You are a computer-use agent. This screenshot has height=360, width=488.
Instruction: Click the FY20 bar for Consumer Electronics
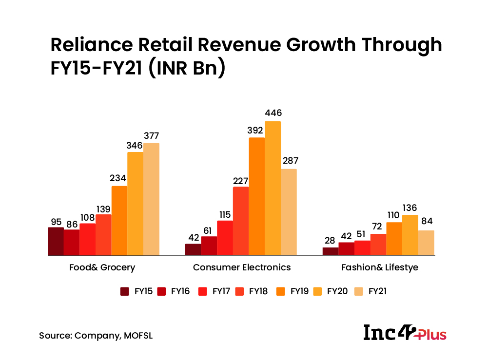click(x=273, y=188)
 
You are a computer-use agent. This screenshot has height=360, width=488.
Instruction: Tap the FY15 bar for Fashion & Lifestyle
click(x=330, y=251)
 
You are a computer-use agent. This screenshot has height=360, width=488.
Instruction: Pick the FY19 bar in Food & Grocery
click(x=119, y=220)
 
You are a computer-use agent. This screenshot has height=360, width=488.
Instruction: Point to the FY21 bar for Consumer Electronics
click(x=289, y=212)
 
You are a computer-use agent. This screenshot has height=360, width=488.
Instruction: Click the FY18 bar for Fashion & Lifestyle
click(x=378, y=244)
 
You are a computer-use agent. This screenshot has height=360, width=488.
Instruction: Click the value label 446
click(x=273, y=113)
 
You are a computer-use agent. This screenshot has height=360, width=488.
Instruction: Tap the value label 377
click(x=151, y=135)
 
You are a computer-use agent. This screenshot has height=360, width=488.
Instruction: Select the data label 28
click(x=330, y=240)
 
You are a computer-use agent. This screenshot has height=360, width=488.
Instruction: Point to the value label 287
click(x=289, y=161)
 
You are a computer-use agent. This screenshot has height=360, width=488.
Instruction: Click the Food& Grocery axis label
click(x=103, y=267)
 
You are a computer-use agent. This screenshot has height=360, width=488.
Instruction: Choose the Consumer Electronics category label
click(x=242, y=267)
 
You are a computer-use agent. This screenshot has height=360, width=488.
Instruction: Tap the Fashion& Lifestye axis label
click(x=380, y=267)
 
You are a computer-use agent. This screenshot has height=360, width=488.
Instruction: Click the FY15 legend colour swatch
click(x=125, y=291)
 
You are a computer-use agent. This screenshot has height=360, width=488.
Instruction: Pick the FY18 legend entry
click(x=252, y=291)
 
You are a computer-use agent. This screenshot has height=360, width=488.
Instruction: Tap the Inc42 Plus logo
click(x=405, y=333)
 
